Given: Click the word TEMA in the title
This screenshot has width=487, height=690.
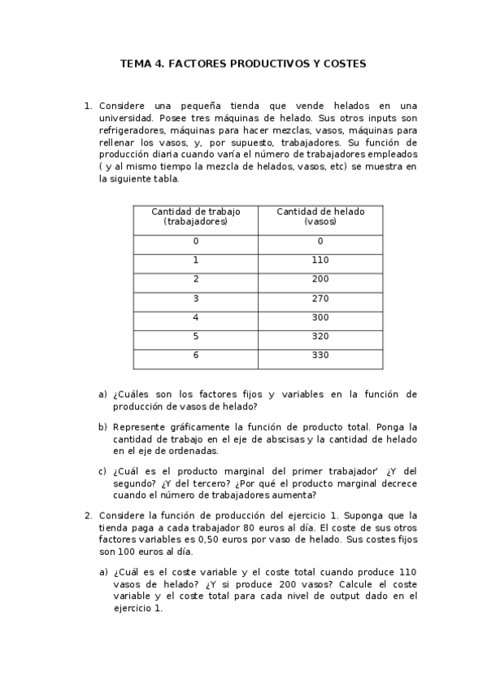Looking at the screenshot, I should coord(136,63).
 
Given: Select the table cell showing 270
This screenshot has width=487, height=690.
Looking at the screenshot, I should coord(320,299).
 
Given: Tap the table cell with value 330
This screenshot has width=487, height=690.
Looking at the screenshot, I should coord(320,356).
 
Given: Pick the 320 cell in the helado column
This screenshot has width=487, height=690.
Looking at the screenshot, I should coord(320,336).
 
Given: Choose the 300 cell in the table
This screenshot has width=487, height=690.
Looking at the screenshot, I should coord(320,317).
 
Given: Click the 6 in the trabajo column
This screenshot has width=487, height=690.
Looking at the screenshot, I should coord(196,356).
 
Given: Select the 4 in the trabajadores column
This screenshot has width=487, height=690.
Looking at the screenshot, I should coord(196,317).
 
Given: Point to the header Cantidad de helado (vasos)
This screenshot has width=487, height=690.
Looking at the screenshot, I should coord(320,216).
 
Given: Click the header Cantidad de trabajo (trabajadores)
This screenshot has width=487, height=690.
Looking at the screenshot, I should coord(196,216).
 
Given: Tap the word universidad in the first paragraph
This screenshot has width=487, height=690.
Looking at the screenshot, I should coord(126,117).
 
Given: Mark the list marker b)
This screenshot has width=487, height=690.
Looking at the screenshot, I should coord(103,427).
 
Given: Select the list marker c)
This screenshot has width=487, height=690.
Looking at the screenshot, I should coord(103,471).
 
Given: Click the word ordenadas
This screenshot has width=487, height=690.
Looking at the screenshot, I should coord(193,451).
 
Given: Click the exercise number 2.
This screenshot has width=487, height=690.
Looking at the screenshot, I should coord(88,515).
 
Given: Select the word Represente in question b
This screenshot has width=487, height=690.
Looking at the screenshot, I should coord(139,427).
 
